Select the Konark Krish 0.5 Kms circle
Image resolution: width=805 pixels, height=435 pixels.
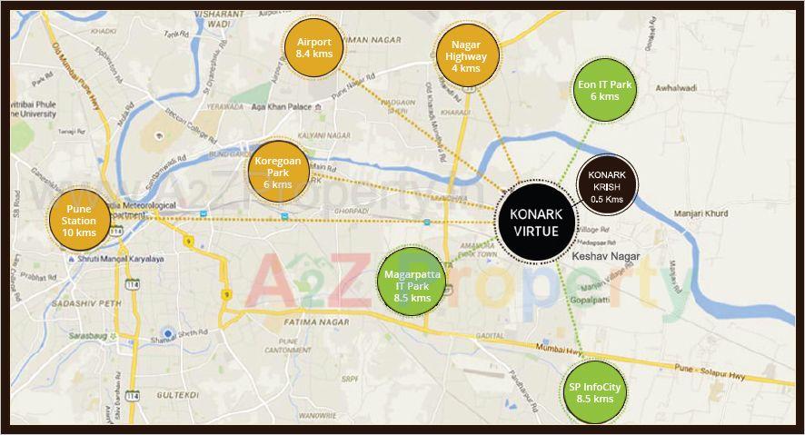[606, 186]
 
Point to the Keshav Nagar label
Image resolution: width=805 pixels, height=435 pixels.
[606, 257]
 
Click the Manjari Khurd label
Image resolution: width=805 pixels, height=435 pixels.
[700, 214]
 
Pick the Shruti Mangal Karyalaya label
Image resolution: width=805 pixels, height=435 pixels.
[125, 258]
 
